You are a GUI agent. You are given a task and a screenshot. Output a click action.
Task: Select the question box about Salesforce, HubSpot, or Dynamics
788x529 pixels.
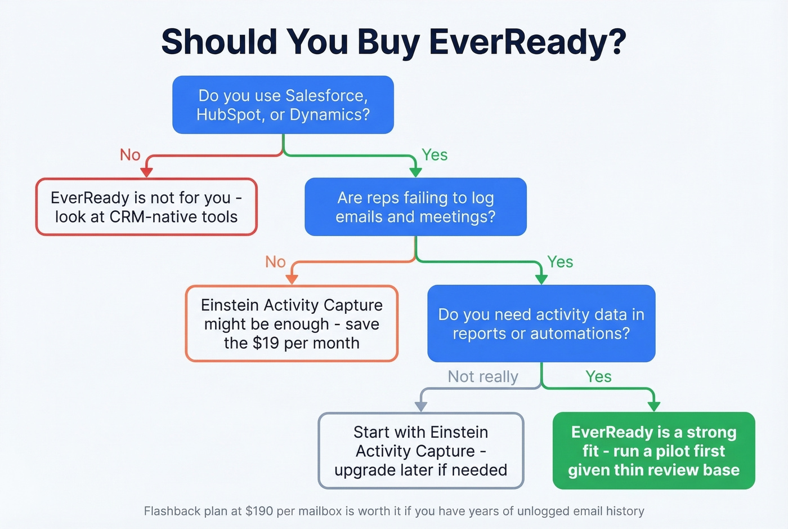coord(283,105)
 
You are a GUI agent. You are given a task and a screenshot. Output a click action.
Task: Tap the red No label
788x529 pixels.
coord(130,155)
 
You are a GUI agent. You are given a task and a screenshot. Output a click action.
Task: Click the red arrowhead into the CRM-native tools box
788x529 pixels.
coord(147,172)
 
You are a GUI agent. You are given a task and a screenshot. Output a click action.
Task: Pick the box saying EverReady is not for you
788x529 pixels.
coord(146,207)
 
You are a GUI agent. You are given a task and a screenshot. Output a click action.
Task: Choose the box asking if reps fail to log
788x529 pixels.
coord(415,207)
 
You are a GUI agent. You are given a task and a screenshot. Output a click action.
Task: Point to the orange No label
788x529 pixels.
coord(275,262)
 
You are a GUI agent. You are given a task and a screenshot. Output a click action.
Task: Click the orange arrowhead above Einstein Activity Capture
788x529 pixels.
coord(292,279)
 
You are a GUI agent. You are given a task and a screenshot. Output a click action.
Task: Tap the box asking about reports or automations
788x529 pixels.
coord(541,323)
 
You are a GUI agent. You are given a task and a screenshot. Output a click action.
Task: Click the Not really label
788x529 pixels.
coord(483,376)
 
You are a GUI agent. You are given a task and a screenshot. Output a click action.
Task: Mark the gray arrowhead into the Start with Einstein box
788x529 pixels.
coord(421,406)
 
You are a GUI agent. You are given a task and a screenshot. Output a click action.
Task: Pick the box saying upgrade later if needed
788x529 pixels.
coord(421,451)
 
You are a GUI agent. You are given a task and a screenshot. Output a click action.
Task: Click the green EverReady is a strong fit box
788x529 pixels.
coord(653,451)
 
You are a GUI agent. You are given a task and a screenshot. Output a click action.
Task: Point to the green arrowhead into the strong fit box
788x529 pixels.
coord(653,406)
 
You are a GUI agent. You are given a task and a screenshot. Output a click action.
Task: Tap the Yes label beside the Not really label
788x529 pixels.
coord(598,376)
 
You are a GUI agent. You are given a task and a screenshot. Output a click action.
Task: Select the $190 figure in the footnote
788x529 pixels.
coord(259,511)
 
